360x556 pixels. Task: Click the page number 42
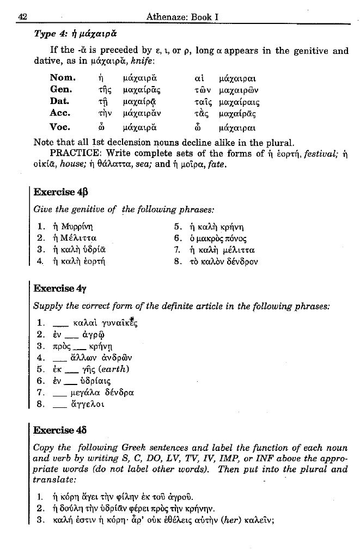point(23,17)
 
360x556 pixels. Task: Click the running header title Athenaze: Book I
point(182,17)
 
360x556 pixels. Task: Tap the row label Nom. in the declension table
point(63,75)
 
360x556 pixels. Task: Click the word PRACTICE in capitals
point(73,153)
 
